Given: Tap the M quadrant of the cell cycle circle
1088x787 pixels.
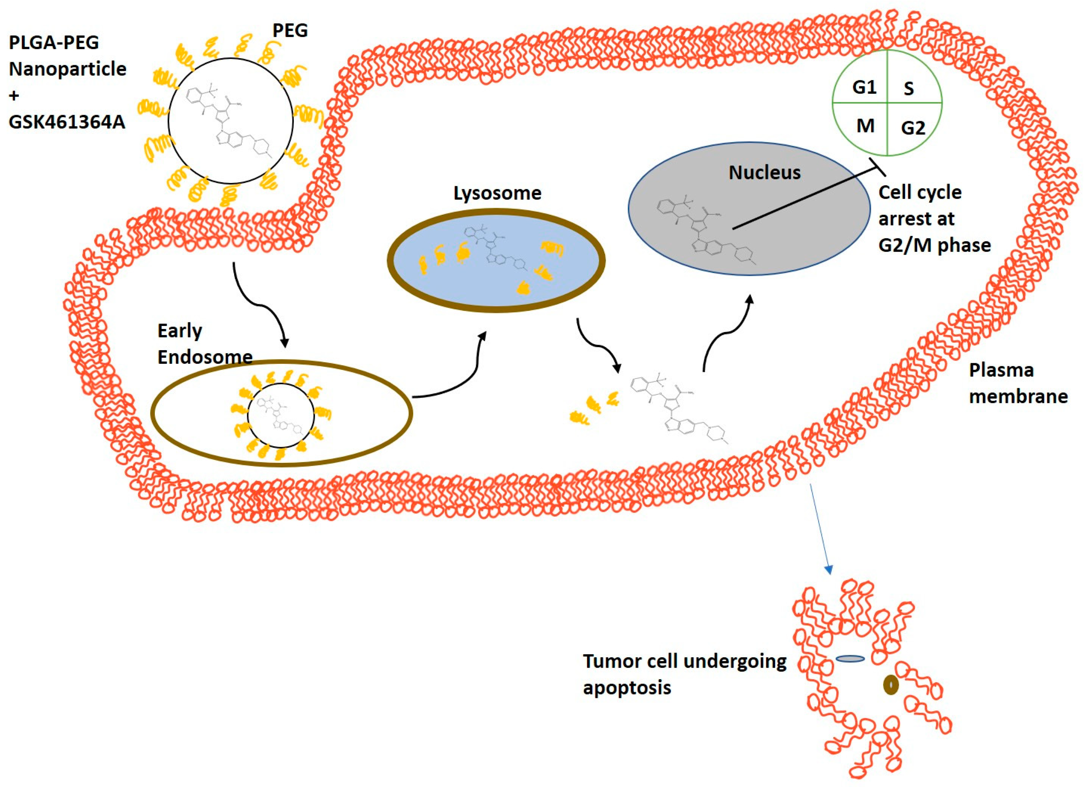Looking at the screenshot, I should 865,126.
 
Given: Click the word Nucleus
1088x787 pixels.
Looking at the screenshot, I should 765,173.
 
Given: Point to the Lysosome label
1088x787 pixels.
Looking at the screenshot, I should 497,193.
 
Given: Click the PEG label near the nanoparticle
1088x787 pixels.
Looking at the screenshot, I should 290,30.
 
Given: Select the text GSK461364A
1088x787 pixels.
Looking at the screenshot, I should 67,121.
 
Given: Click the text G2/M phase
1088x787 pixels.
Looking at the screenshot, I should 934,245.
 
